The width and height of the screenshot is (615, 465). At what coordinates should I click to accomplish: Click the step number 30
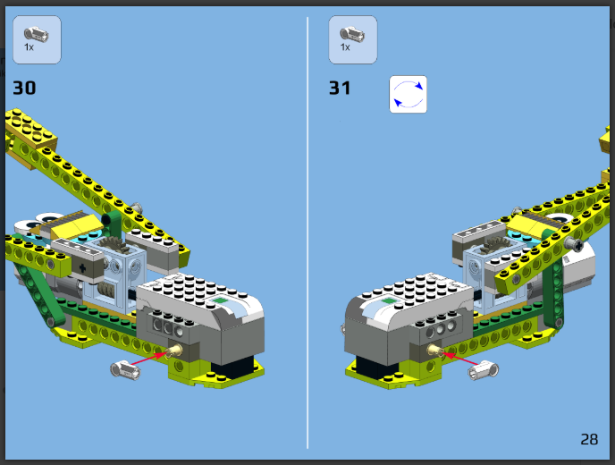click(x=24, y=88)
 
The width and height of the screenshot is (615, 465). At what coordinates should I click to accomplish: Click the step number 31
click(x=340, y=88)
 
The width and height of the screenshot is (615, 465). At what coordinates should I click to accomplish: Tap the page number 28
click(x=589, y=439)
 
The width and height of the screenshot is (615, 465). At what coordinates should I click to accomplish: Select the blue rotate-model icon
click(x=408, y=94)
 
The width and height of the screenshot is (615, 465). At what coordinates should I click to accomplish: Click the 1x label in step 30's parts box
click(x=29, y=47)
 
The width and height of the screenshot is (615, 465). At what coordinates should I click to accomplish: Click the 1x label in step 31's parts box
click(x=345, y=47)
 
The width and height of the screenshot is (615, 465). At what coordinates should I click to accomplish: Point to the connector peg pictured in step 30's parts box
click(x=36, y=35)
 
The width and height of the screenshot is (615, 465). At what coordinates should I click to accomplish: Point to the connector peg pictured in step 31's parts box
click(x=352, y=34)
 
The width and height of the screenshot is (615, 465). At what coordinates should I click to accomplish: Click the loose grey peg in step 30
click(x=125, y=370)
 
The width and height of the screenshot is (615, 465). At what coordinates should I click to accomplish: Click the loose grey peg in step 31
click(x=484, y=370)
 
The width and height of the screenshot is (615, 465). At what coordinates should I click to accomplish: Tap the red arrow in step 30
click(x=149, y=359)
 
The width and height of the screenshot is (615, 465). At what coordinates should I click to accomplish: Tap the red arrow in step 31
click(x=460, y=359)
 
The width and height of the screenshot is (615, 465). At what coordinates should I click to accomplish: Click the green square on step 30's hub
click(x=221, y=300)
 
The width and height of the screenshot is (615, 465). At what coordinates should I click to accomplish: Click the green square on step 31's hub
click(x=389, y=300)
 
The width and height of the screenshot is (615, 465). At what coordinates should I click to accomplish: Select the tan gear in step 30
click(x=114, y=244)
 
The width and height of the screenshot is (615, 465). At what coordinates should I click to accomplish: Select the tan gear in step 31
click(x=495, y=244)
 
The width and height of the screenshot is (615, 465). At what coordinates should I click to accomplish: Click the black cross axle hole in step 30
click(x=82, y=268)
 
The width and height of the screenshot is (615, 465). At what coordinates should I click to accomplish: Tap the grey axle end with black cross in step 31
click(x=575, y=245)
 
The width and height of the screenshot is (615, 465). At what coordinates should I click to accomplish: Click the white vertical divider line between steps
click(x=307, y=232)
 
